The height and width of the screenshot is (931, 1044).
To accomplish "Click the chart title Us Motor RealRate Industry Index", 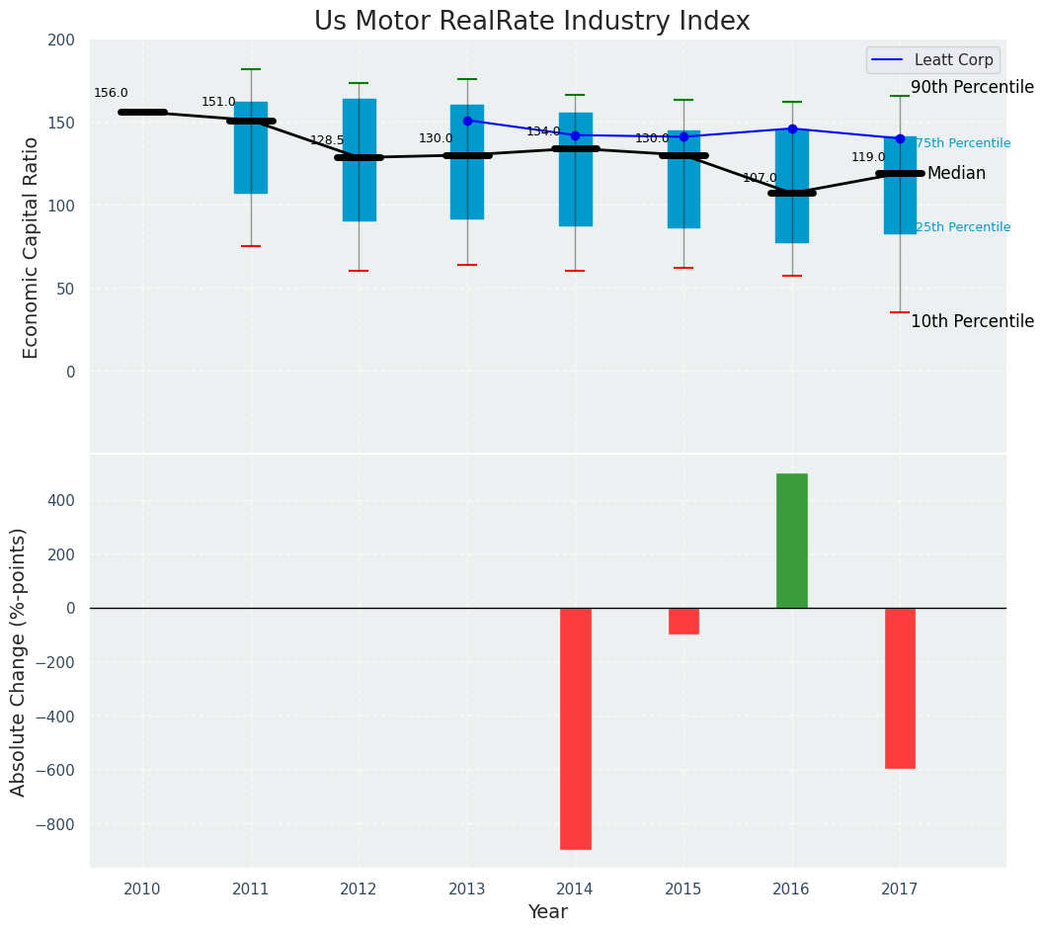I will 531,22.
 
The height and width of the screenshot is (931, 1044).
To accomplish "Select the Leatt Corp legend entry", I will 932,60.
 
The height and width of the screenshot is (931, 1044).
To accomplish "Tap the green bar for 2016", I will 791,541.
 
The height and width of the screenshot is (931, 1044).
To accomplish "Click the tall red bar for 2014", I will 575,728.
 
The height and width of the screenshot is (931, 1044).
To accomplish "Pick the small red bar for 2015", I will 683,621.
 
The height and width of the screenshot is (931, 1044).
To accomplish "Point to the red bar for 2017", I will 900,688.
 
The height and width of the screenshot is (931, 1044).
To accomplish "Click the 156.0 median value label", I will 111,94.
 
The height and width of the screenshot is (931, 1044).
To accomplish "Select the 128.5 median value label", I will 327,141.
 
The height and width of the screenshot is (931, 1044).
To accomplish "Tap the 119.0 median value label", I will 868,158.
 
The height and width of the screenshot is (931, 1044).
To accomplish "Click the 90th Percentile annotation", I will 972,88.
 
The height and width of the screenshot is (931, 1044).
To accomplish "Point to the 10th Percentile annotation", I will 972,322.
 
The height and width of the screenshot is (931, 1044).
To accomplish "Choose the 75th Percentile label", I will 963,144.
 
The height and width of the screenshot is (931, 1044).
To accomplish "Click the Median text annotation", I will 956,174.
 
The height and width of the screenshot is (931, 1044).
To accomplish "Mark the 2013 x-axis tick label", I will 467,889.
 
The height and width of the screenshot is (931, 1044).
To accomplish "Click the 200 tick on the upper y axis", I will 61,41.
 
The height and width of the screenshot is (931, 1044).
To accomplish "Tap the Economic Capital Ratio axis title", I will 32,247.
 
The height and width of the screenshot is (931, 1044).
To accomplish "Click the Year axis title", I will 547,912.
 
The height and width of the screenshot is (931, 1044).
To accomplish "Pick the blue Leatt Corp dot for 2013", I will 467,121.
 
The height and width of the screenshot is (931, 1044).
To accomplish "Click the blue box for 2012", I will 359,160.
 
